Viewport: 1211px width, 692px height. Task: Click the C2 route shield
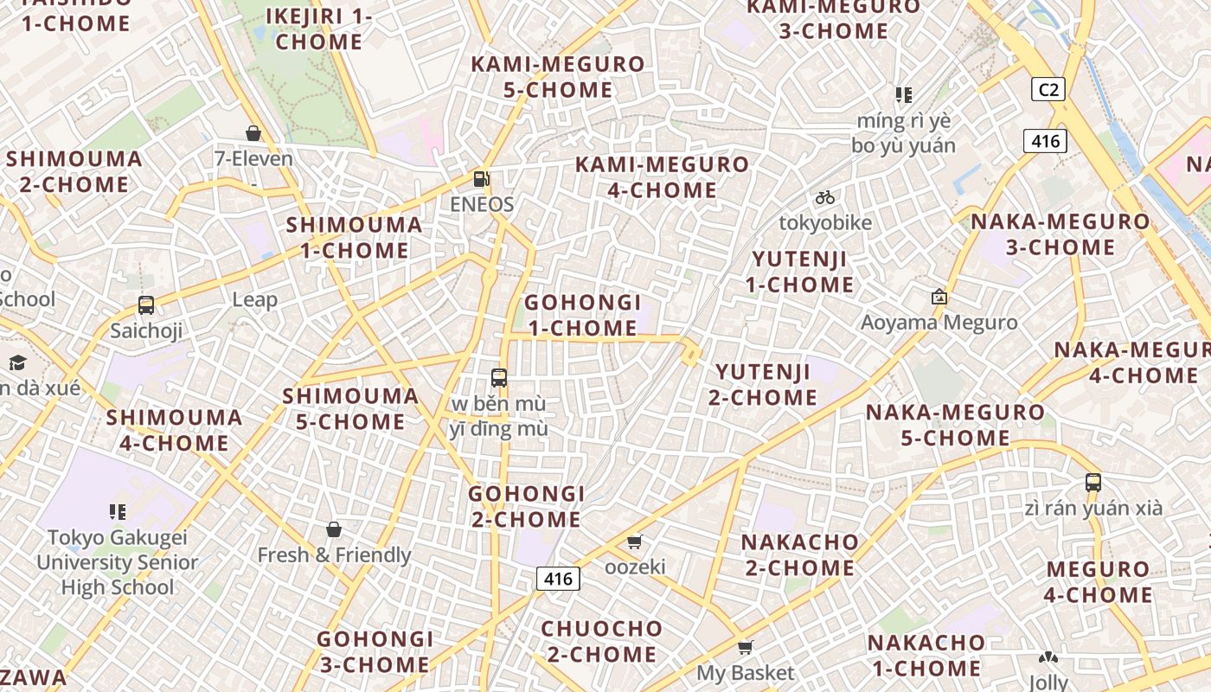click(1048, 89)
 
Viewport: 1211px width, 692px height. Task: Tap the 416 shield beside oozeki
click(557, 578)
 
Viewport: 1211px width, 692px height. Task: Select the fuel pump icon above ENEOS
click(482, 179)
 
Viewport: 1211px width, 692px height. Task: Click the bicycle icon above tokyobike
click(825, 197)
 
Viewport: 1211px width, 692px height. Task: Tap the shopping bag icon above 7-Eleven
click(253, 133)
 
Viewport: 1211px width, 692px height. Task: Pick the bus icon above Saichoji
click(146, 305)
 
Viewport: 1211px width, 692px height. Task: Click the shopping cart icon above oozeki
click(635, 541)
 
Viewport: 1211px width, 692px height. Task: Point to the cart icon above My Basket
click(746, 647)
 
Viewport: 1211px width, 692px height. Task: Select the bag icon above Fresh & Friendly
click(334, 529)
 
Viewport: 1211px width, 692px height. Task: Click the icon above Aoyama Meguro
click(939, 298)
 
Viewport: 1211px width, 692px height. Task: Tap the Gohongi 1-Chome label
click(583, 316)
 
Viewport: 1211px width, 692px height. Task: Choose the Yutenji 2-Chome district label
click(763, 385)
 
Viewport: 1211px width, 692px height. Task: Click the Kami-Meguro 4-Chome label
click(663, 177)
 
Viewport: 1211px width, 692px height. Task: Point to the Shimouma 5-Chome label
click(350, 409)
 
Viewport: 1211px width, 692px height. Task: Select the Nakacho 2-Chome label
click(799, 555)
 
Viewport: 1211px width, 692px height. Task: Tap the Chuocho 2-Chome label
click(601, 641)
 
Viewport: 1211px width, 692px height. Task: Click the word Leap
click(255, 300)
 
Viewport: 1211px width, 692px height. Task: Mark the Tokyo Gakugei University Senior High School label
click(117, 562)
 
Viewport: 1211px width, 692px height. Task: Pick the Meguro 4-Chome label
click(1098, 582)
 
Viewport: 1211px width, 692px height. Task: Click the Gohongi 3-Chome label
click(374, 651)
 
